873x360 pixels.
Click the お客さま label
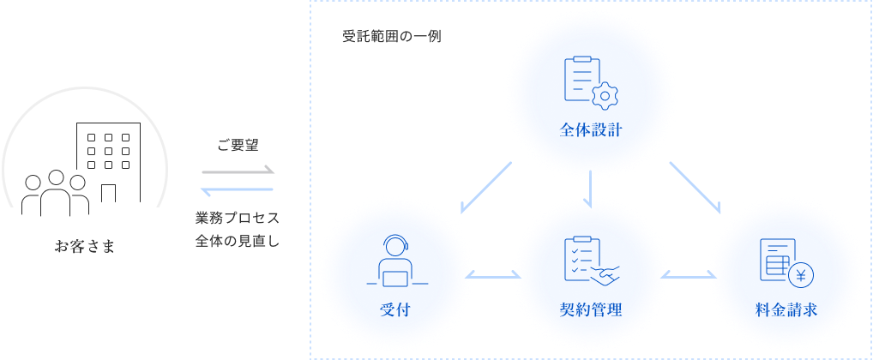(84, 248)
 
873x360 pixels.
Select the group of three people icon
(55, 194)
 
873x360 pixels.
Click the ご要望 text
(238, 146)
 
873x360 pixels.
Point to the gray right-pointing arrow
(238, 170)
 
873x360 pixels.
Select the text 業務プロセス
(238, 217)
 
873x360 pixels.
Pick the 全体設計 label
(591, 131)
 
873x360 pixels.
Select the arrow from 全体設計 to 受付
(486, 187)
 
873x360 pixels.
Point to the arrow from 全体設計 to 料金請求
(695, 187)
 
